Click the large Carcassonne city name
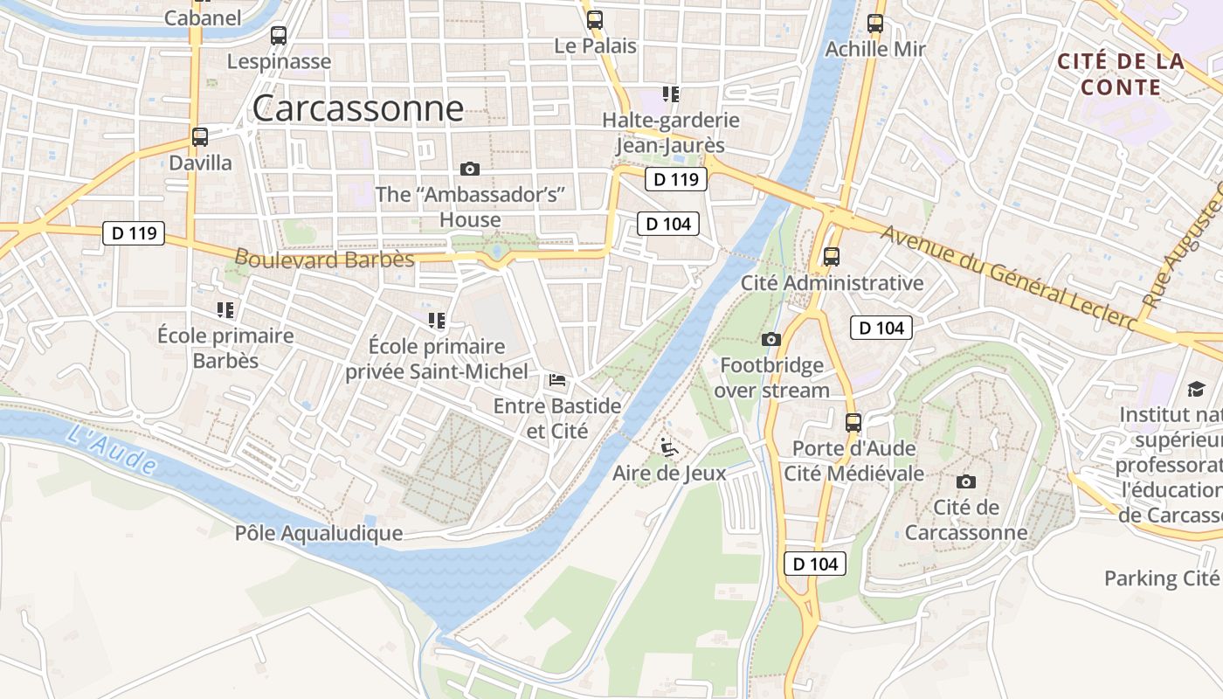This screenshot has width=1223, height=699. pyautogui.click(x=357, y=108)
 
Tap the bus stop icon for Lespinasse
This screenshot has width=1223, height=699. pyautogui.click(x=279, y=36)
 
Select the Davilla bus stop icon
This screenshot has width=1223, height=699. pyautogui.click(x=200, y=137)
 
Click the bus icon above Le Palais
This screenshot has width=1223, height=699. pyautogui.click(x=595, y=20)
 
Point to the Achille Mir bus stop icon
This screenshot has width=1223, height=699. pyautogui.click(x=875, y=24)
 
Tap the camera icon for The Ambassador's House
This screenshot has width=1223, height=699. pyautogui.click(x=470, y=169)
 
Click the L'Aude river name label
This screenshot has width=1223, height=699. pyautogui.click(x=111, y=449)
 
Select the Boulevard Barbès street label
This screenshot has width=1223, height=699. pyautogui.click(x=324, y=259)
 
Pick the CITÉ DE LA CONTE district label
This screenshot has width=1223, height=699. pyautogui.click(x=1121, y=74)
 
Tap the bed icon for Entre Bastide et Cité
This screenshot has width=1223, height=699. pyautogui.click(x=556, y=380)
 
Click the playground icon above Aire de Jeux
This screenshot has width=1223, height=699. pyautogui.click(x=669, y=447)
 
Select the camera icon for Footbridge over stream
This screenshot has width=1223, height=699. pyautogui.click(x=770, y=339)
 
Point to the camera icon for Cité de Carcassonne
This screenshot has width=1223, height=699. pyautogui.click(x=965, y=481)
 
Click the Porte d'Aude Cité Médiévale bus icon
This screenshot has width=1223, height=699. pyautogui.click(x=853, y=423)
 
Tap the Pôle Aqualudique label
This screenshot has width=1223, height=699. pyautogui.click(x=319, y=533)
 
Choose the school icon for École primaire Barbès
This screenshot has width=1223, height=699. pyautogui.click(x=225, y=309)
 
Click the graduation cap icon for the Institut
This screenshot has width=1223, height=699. pyautogui.click(x=1195, y=389)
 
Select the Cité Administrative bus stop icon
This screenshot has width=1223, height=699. pyautogui.click(x=832, y=257)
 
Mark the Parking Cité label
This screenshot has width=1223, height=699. pyautogui.click(x=1161, y=578)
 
